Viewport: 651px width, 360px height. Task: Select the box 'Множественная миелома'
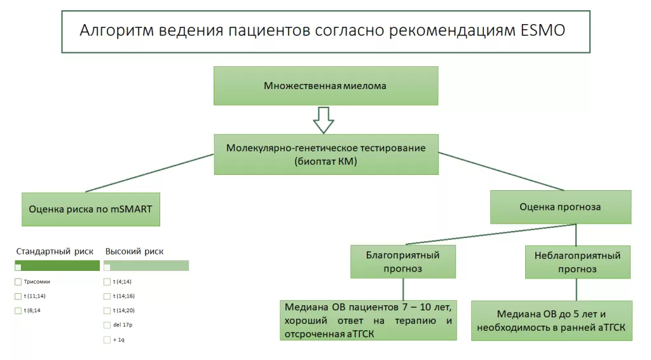(x=325, y=85)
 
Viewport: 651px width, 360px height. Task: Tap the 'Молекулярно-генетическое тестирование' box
(x=325, y=154)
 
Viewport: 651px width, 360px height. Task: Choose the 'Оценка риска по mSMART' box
(x=90, y=209)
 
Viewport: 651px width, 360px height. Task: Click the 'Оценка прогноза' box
(x=559, y=207)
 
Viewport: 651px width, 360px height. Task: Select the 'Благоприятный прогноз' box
(x=402, y=262)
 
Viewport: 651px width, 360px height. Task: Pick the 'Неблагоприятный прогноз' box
(x=577, y=262)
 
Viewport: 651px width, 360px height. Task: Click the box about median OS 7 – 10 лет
(x=368, y=321)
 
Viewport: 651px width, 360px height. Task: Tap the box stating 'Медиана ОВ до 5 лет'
(x=551, y=321)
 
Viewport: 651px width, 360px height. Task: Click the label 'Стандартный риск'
(x=55, y=251)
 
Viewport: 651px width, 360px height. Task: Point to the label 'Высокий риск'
(x=134, y=251)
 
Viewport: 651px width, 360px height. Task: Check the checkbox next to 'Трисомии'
(x=18, y=281)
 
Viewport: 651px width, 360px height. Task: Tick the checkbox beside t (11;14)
(x=18, y=296)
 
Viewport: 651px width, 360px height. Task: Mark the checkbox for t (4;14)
(x=107, y=281)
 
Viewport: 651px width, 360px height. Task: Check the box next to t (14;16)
(x=107, y=296)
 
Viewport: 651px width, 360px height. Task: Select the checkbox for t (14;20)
(x=107, y=310)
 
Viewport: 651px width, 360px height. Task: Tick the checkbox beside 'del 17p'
(x=107, y=325)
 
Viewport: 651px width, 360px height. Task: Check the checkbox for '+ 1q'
(x=107, y=340)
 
